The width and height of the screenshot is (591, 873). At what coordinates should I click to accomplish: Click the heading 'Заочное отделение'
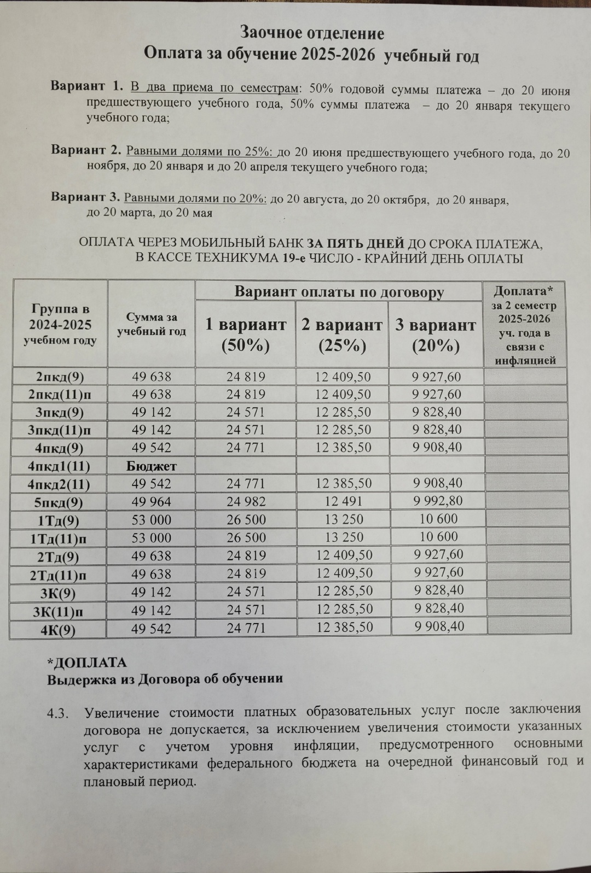point(312,33)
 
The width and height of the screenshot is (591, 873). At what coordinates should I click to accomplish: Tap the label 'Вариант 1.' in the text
point(86,86)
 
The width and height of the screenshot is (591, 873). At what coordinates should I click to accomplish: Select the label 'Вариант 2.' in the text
point(86,150)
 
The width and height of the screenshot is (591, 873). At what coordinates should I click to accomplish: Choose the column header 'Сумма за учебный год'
point(152,324)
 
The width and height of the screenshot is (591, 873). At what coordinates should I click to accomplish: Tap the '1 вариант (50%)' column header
point(245,335)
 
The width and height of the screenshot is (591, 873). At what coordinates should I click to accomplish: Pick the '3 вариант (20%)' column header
point(436,335)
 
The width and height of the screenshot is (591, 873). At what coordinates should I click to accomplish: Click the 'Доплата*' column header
point(524,291)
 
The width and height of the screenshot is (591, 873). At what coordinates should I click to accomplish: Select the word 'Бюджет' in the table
point(152,466)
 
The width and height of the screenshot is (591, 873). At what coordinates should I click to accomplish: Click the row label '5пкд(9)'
point(59,502)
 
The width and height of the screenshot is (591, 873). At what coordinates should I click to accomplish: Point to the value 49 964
point(152,502)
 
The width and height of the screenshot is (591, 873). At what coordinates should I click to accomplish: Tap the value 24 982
point(246,502)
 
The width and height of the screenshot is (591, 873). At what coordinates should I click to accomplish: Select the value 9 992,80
point(438,501)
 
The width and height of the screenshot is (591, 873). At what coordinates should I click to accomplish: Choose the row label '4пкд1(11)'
point(59,466)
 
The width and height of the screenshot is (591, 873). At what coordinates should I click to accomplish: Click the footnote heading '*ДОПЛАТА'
point(87,663)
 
